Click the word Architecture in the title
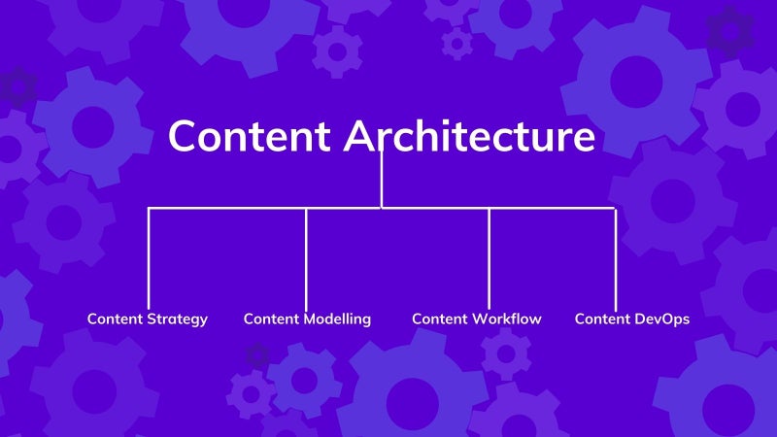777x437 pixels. (469, 135)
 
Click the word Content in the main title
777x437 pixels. (250, 135)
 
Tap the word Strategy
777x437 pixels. (178, 319)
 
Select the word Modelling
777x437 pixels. (337, 319)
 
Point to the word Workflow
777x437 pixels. (506, 319)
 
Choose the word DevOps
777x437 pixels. (661, 319)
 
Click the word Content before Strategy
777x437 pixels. (115, 319)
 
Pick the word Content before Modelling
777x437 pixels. (272, 319)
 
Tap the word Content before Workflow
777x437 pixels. (440, 319)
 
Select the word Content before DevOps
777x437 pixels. (602, 319)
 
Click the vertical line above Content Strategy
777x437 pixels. (149, 259)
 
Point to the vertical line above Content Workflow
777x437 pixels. (489, 259)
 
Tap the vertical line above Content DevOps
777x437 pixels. (616, 260)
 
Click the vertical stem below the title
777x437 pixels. (381, 179)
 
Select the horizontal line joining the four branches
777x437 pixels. (381, 208)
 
